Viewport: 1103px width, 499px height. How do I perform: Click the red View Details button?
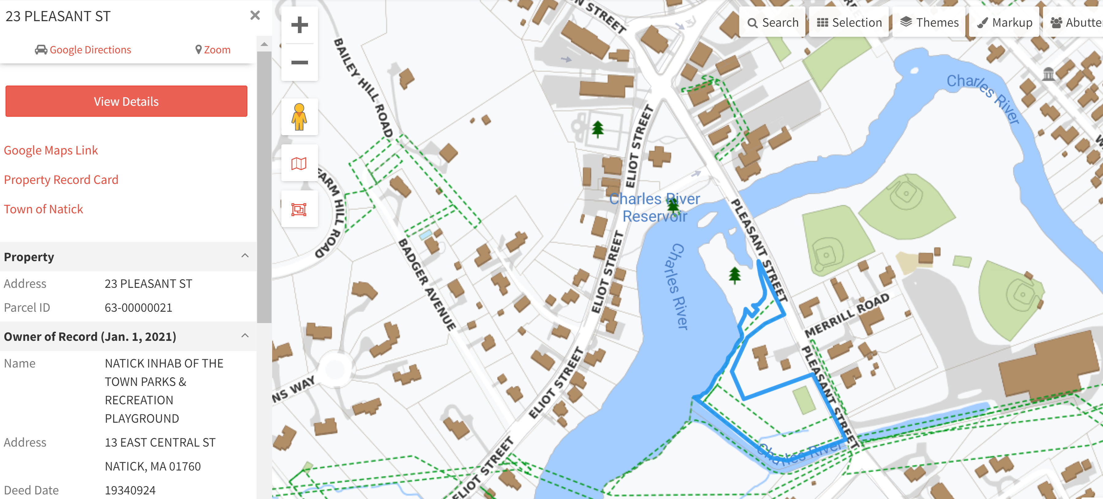click(x=126, y=101)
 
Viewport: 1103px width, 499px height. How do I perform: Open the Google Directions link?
click(x=83, y=50)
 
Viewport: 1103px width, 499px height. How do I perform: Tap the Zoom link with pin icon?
click(x=213, y=50)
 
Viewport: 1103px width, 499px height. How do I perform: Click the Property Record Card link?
click(x=61, y=180)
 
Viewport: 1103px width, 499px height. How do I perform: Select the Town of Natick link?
click(x=43, y=209)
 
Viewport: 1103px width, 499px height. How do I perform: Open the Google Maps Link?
click(x=51, y=150)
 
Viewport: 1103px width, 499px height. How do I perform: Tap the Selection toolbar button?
click(x=849, y=22)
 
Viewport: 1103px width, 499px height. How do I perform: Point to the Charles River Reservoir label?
click(x=654, y=207)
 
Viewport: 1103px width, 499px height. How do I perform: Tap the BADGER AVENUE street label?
click(x=427, y=285)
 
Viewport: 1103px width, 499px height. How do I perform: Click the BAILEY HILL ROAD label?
click(x=363, y=88)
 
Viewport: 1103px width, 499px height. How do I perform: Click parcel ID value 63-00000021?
click(x=138, y=307)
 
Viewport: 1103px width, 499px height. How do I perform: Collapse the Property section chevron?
click(x=245, y=256)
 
